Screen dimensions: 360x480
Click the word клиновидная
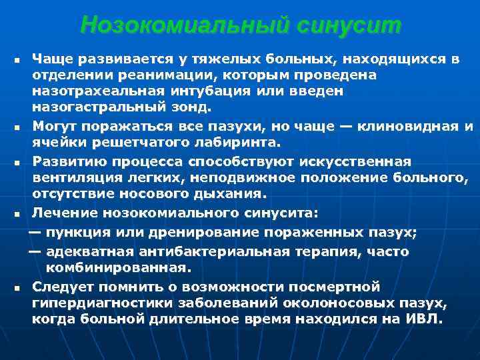pos(407,126)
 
